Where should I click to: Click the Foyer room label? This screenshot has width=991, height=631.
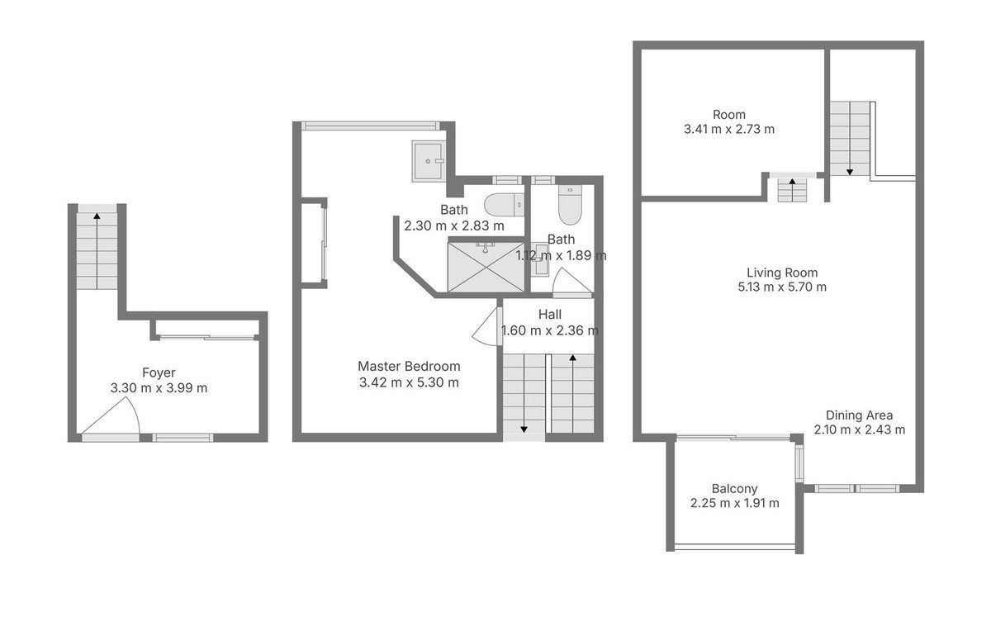coord(159,373)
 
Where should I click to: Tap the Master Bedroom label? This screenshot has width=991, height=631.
coord(409,367)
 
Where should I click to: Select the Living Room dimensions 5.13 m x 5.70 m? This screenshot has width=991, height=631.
coord(782,287)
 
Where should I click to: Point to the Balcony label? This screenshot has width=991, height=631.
coord(734,489)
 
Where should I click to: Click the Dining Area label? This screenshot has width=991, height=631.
coord(859,415)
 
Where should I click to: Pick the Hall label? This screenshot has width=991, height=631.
coord(549,315)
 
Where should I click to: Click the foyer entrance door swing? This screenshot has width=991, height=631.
coord(111,415)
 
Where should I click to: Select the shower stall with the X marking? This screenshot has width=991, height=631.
coord(486,267)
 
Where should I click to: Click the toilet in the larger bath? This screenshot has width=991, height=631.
coord(504,205)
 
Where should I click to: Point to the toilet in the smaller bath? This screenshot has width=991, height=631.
coord(570,205)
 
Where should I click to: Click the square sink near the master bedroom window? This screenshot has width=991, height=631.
coord(429,161)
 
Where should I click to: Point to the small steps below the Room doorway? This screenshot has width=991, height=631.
coord(792,191)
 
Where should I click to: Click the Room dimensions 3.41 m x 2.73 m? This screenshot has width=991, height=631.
coord(729,129)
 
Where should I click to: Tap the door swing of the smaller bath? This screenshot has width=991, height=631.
coord(572,282)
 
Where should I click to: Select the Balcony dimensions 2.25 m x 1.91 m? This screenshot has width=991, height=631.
coord(734,503)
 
